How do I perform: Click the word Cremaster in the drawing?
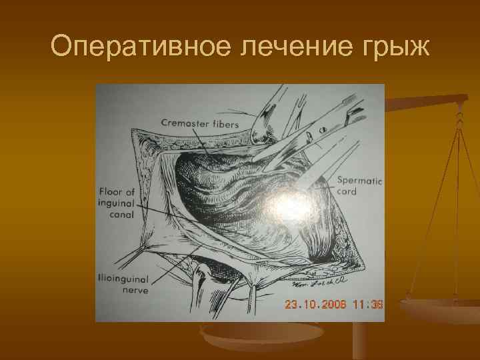pyautogui.click(x=181, y=123)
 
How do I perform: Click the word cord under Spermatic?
pyautogui.click(x=347, y=191)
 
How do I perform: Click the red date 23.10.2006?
pyautogui.click(x=315, y=304)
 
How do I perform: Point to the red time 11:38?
pyautogui.click(x=367, y=304)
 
